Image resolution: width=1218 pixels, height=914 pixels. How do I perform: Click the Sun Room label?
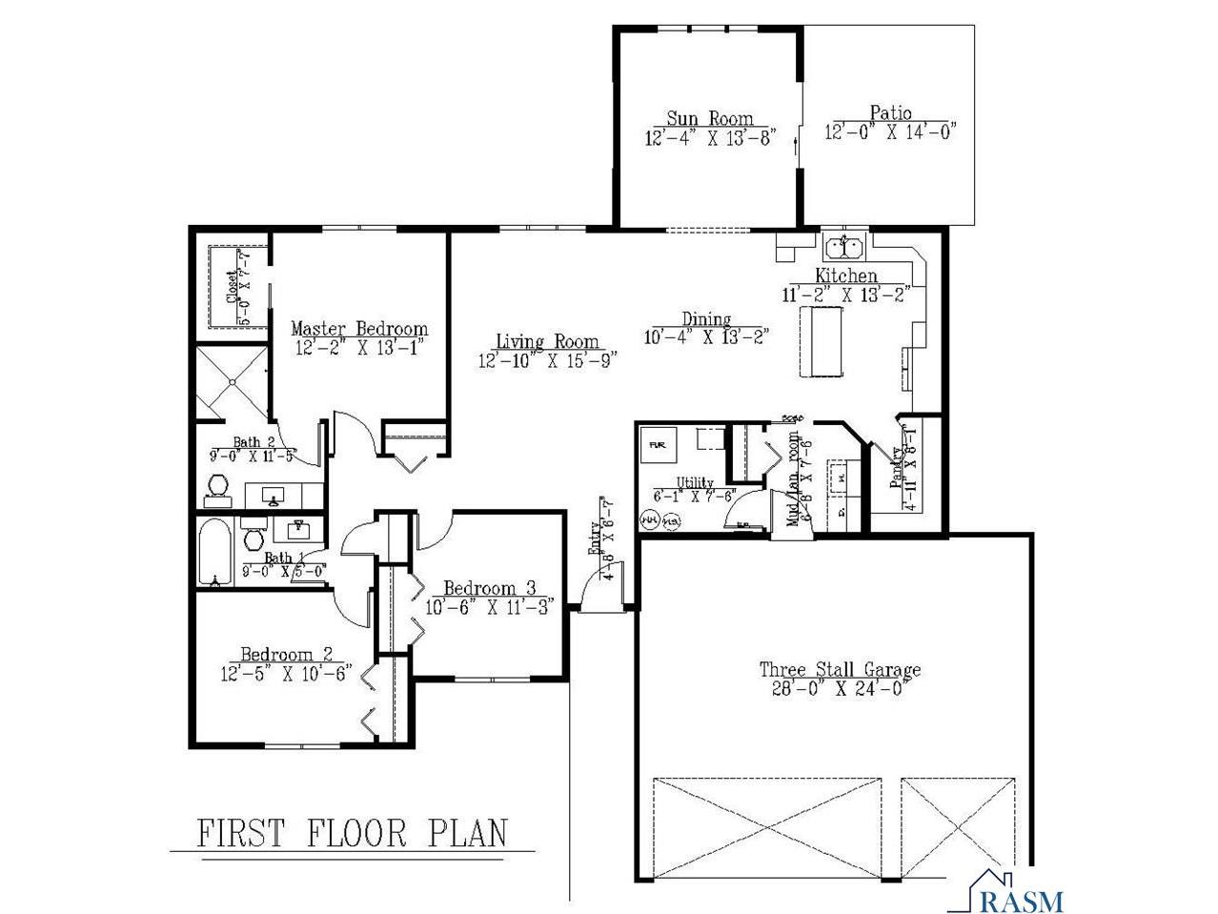709,119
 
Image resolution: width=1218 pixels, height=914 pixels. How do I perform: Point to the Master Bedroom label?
359,329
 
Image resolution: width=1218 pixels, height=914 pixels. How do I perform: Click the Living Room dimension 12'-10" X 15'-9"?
548,360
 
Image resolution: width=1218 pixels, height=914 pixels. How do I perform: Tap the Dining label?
706,319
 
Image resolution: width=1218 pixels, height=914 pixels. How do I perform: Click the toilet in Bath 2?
216,490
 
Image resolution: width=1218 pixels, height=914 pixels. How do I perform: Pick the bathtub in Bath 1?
214,552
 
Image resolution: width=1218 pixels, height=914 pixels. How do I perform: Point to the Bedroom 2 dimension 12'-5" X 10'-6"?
286,672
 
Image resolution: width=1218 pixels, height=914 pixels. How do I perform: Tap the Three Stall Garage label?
840,669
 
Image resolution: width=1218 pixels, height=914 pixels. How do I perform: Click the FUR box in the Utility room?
658,445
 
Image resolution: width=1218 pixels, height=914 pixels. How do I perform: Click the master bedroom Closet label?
232,286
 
